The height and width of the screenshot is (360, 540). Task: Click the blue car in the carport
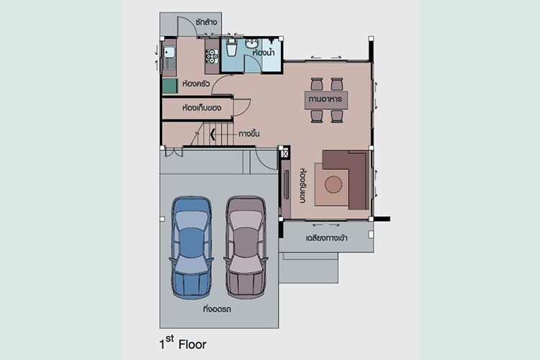tap(191, 248)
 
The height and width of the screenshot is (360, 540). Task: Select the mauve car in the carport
tap(246, 248)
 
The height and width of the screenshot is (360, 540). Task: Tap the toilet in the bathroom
tap(231, 48)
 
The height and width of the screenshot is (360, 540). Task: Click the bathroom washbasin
tap(252, 44)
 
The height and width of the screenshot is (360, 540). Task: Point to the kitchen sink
tap(168, 53)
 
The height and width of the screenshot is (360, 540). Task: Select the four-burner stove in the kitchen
tap(212, 56)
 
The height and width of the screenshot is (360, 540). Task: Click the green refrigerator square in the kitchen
tap(169, 86)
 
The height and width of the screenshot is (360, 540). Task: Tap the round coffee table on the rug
tap(333, 184)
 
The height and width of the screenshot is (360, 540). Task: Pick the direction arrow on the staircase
tap(213, 135)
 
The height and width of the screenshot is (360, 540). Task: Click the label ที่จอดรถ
tap(217, 309)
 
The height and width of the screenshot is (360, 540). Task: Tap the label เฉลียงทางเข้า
tap(326, 238)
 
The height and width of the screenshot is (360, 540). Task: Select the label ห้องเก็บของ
tap(202, 108)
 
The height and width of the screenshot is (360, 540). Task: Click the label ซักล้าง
tap(206, 22)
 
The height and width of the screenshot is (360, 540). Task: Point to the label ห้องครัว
tap(196, 84)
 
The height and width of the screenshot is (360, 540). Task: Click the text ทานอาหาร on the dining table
tap(325, 99)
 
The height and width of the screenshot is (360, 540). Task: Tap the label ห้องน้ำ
tap(264, 53)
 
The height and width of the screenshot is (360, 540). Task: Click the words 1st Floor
tap(183, 343)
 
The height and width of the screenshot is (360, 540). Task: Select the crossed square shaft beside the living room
tap(285, 153)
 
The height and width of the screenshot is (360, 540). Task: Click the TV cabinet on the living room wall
tap(286, 189)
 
